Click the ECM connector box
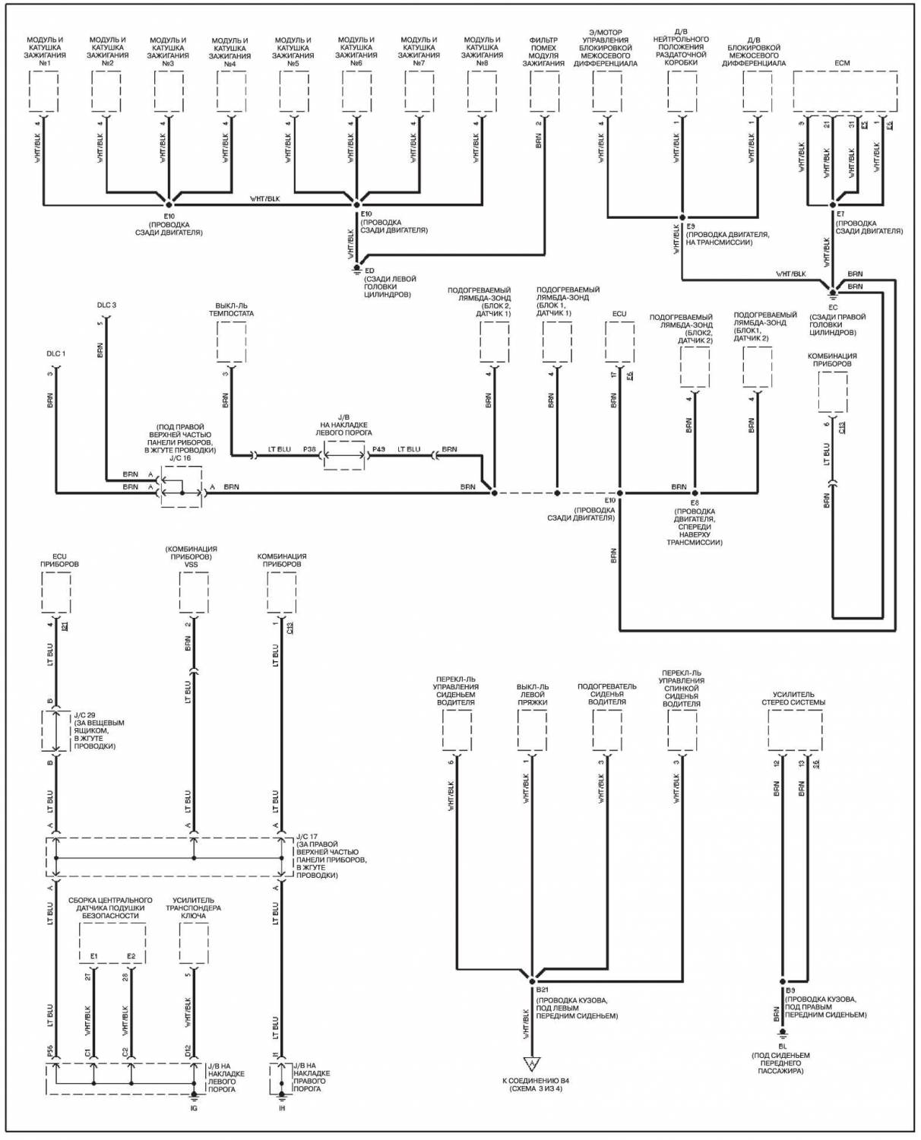tap(845, 91)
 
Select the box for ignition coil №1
tap(43, 91)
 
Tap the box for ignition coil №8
tap(482, 91)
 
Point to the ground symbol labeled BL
tap(782, 1034)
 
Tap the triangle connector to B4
tap(532, 1064)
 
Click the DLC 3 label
tap(106, 306)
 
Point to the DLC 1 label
tap(56, 354)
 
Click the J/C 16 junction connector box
tap(181, 487)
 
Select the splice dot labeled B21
tap(532, 981)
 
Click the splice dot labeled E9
tap(682, 217)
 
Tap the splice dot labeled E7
tap(833, 204)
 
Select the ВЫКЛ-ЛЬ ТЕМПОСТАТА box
tap(231, 341)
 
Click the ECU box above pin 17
tap(619, 342)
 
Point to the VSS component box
tap(194, 592)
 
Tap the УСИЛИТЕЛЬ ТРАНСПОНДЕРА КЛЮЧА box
tap(194, 944)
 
